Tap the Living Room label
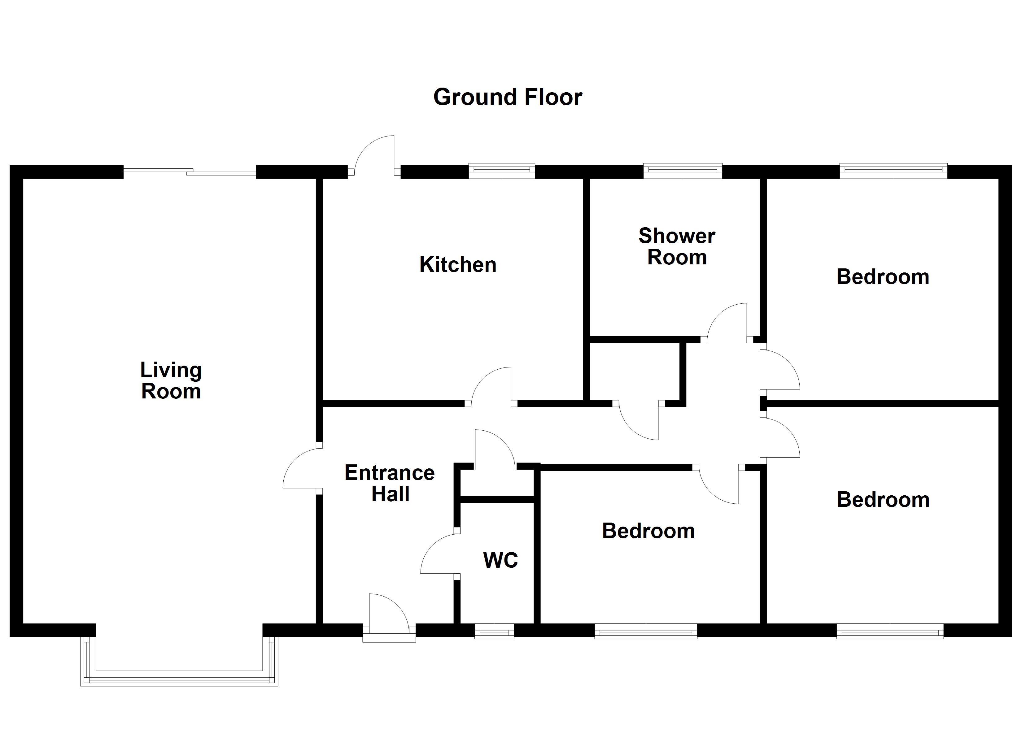[171, 381]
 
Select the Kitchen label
[458, 264]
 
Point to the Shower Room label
[677, 246]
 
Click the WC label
[500, 560]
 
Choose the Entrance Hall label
[390, 483]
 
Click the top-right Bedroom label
[883, 277]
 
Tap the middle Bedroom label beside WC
[649, 531]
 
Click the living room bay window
[179, 679]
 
